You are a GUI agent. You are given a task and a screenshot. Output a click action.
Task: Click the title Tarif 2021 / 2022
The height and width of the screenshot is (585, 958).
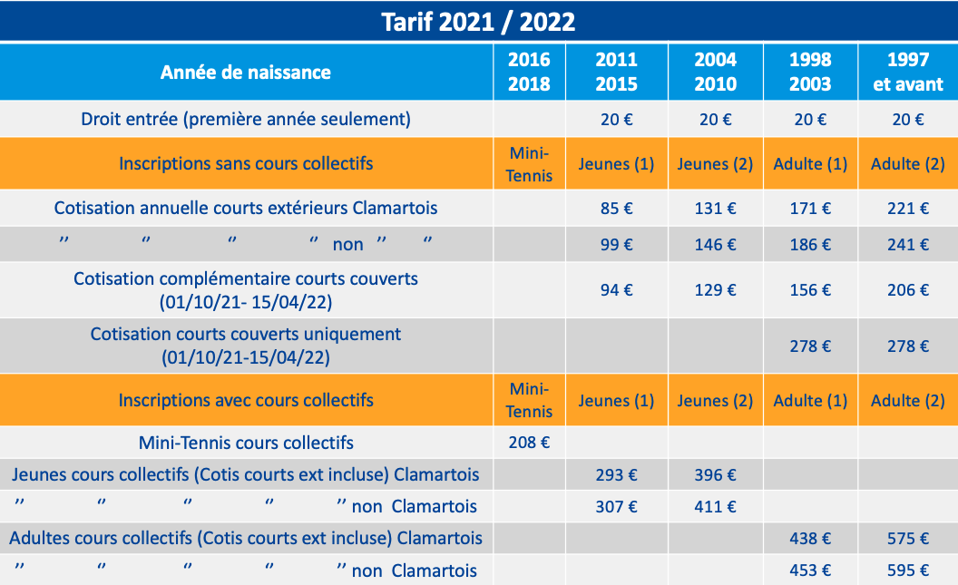478,21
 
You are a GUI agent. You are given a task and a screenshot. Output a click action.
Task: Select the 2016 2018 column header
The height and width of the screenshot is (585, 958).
529,72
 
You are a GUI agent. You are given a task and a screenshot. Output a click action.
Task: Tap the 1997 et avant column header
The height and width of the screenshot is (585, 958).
908,72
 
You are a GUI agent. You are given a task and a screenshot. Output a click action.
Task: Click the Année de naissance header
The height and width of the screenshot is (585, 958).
246,72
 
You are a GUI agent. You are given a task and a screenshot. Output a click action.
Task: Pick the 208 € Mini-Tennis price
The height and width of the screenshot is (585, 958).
529,444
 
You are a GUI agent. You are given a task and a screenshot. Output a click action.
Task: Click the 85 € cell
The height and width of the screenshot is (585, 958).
616,209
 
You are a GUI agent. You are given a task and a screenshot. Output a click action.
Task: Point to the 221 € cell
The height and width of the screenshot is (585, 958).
908,209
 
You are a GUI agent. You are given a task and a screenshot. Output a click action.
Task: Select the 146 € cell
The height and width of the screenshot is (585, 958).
715,244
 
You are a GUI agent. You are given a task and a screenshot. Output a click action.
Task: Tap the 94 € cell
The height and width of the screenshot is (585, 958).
616,290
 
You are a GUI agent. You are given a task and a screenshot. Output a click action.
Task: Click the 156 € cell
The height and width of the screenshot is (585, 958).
811,290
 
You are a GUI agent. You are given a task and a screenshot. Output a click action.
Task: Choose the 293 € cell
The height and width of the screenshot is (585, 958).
616,475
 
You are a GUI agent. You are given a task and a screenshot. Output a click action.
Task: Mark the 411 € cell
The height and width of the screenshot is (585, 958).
715,507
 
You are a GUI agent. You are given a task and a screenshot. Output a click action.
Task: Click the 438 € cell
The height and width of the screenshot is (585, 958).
811,539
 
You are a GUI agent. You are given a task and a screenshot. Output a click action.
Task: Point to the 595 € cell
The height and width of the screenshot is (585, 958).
908,570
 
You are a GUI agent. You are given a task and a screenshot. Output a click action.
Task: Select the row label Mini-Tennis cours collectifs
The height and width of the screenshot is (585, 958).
246,444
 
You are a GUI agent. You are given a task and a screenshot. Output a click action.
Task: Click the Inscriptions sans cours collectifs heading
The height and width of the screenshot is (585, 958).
246,164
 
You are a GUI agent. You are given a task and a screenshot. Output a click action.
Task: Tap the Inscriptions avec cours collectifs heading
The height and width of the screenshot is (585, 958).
246,400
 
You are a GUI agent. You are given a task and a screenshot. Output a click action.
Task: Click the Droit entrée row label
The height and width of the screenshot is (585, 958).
246,119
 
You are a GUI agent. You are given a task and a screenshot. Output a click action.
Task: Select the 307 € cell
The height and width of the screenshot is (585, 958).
616,507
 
